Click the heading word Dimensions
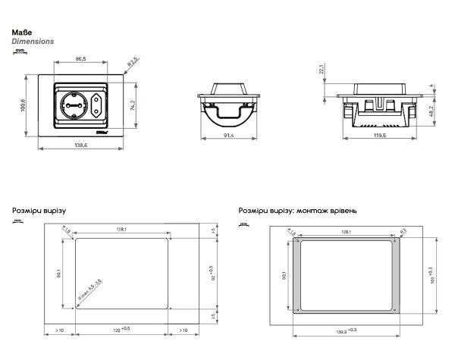33,42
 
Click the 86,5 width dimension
80,58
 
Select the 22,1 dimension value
321,70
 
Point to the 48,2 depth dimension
431,111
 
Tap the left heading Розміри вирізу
39,210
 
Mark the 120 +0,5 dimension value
122,330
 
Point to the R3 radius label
403,230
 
